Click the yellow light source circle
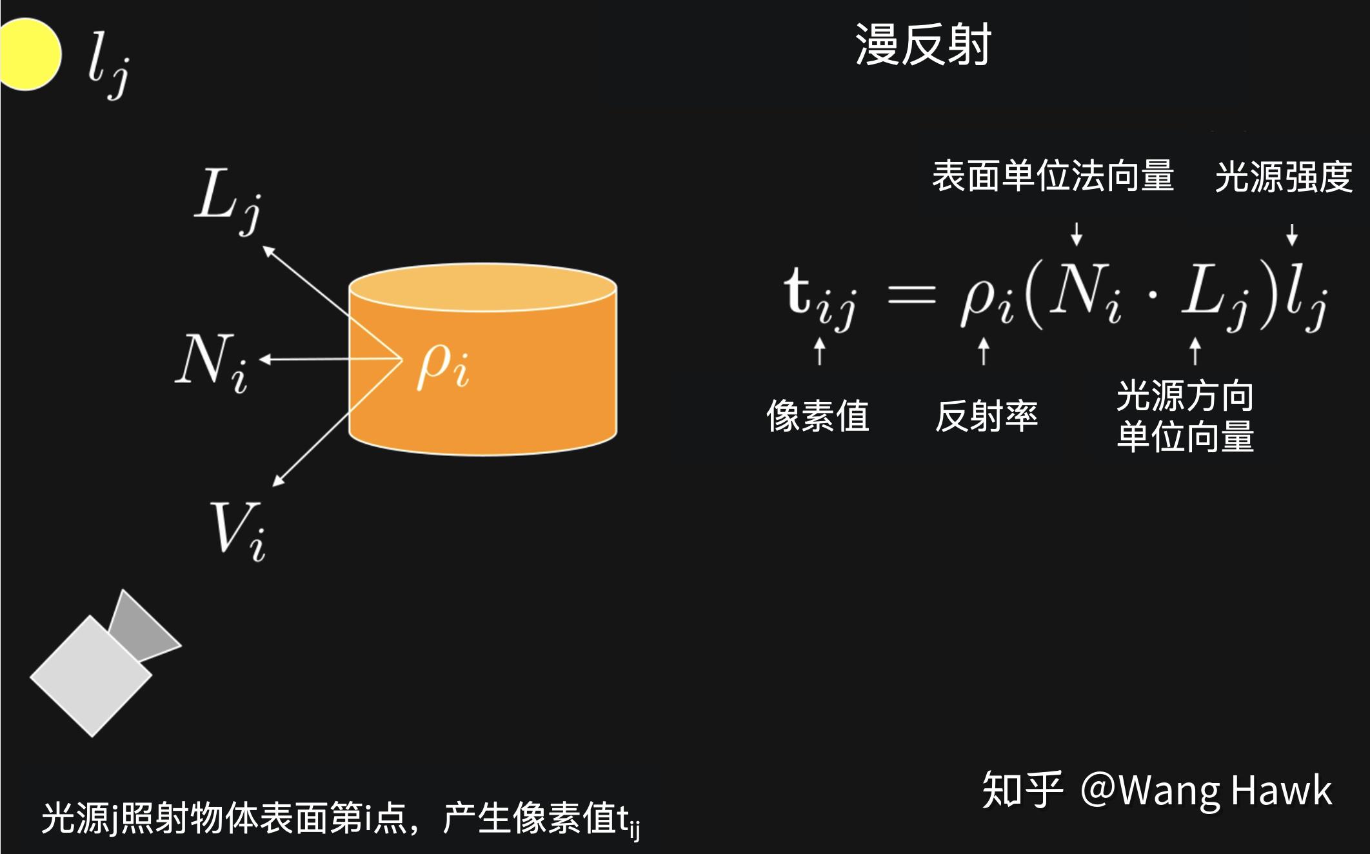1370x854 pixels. coord(28,54)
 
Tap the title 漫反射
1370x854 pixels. coord(923,45)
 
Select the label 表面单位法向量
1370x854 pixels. coord(1053,176)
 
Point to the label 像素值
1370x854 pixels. coord(818,416)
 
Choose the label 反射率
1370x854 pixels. coord(986,416)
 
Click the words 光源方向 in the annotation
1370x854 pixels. coord(1185,395)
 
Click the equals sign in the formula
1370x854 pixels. coord(911,297)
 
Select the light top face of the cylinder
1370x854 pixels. coord(482,287)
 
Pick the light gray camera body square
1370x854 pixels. coord(91,676)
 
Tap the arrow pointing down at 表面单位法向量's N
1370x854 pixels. coord(1076,233)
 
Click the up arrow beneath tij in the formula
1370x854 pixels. coord(820,352)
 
